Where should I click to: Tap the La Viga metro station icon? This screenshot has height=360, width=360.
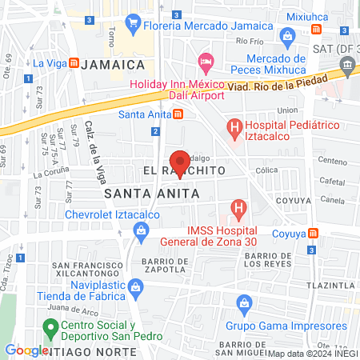[74, 63]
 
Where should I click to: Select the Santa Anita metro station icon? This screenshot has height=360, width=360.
[178, 113]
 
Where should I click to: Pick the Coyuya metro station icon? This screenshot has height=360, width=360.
[314, 233]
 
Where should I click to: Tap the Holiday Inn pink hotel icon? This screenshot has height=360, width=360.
[206, 61]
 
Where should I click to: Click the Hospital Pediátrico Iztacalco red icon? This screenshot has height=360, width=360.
[234, 126]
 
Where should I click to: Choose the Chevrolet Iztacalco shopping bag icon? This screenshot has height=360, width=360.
[142, 232]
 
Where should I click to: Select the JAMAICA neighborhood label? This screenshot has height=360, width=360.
[117, 64]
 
